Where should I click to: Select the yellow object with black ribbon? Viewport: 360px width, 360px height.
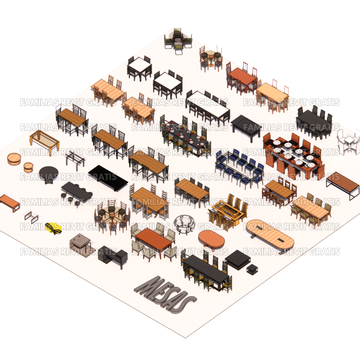pyautogui.click(x=53, y=228)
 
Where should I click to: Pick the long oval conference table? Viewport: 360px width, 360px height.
pyautogui.click(x=270, y=234)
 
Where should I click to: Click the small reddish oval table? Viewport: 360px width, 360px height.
pyautogui.click(x=211, y=239)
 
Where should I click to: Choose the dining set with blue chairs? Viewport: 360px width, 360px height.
pyautogui.click(x=239, y=168)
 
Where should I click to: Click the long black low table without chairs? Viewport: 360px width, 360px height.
pyautogui.click(x=108, y=178)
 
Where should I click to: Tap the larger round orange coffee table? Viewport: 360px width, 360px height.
pyautogui.click(x=14, y=159)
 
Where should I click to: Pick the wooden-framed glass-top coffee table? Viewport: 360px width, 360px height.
pyautogui.click(x=45, y=142)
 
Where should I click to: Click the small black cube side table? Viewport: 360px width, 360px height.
pyautogui.click(x=252, y=269)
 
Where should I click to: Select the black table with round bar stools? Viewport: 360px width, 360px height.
pyautogui.click(x=77, y=192)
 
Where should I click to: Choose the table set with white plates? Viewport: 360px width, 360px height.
pyautogui.click(x=293, y=155)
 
